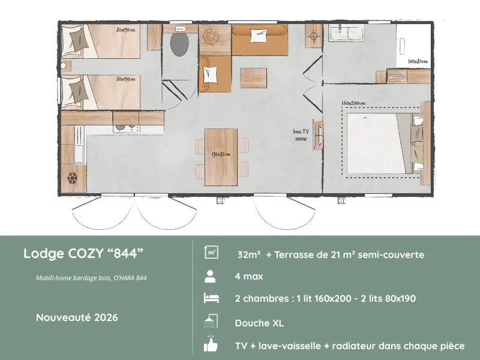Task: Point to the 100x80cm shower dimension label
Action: click(418, 62)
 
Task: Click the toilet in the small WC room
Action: click(179, 43)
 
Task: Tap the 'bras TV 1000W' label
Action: click(301, 135)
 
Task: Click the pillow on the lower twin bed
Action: click(78, 92)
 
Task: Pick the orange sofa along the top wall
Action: click(259, 40)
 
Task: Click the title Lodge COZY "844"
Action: click(83, 253)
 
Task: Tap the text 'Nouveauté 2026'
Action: click(77, 317)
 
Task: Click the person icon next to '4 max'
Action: click(211, 277)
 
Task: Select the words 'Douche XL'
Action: click(259, 323)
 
